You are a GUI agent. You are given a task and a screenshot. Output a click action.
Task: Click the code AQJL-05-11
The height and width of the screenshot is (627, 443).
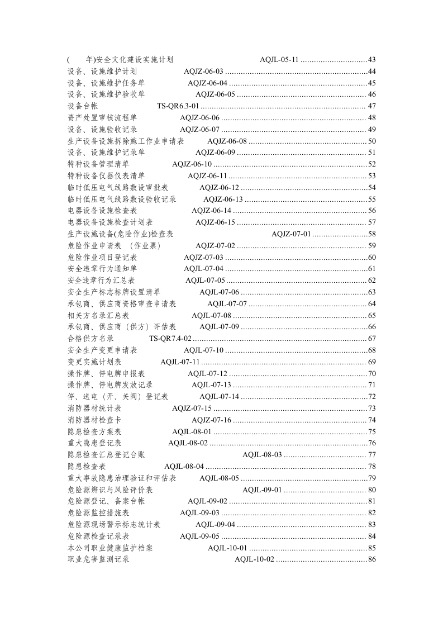point(279,60)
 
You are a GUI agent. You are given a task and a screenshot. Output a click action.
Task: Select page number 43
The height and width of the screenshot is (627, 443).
point(371,60)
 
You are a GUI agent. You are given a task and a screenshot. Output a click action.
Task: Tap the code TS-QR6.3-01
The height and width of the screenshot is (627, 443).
point(178,106)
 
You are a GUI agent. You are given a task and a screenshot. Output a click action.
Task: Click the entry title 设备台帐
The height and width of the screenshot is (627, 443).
point(83,106)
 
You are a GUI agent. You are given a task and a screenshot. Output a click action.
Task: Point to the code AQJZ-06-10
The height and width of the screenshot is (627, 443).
point(192,164)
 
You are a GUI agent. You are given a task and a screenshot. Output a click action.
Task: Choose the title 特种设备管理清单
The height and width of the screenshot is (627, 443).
point(98,164)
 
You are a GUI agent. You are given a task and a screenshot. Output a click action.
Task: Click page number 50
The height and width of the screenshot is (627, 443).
point(371,141)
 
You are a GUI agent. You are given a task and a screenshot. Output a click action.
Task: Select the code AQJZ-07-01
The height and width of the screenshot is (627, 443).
point(291,234)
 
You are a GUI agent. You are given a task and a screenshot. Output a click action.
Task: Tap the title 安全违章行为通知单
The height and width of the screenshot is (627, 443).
point(102,269)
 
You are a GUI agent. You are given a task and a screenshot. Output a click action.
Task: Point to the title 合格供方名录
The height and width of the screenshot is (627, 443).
point(90,339)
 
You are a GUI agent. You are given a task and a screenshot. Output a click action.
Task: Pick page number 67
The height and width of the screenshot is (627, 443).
point(371,339)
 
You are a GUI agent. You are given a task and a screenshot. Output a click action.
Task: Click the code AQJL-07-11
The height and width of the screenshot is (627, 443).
point(180,362)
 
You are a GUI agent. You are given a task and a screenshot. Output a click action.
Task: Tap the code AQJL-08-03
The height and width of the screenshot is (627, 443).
point(262,455)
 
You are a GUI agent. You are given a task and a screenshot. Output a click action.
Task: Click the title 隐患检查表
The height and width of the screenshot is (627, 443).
point(87,467)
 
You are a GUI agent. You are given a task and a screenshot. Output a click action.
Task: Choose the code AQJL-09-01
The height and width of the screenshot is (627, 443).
point(262,490)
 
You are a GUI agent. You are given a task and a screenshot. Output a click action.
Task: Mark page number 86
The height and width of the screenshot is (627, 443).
point(371,559)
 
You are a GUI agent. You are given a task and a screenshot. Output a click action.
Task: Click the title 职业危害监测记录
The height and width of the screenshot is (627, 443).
point(98,559)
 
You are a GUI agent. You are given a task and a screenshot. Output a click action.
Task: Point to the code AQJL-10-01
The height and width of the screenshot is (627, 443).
point(227,548)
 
